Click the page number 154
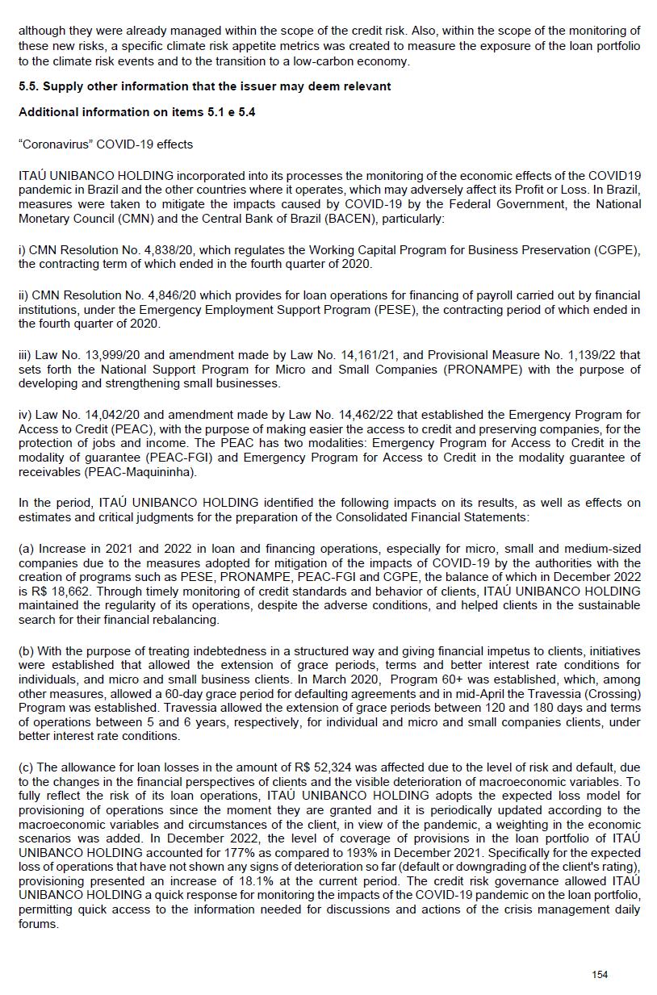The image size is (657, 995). coord(600,975)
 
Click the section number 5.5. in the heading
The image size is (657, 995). coord(31,86)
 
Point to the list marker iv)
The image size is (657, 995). coord(26,415)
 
